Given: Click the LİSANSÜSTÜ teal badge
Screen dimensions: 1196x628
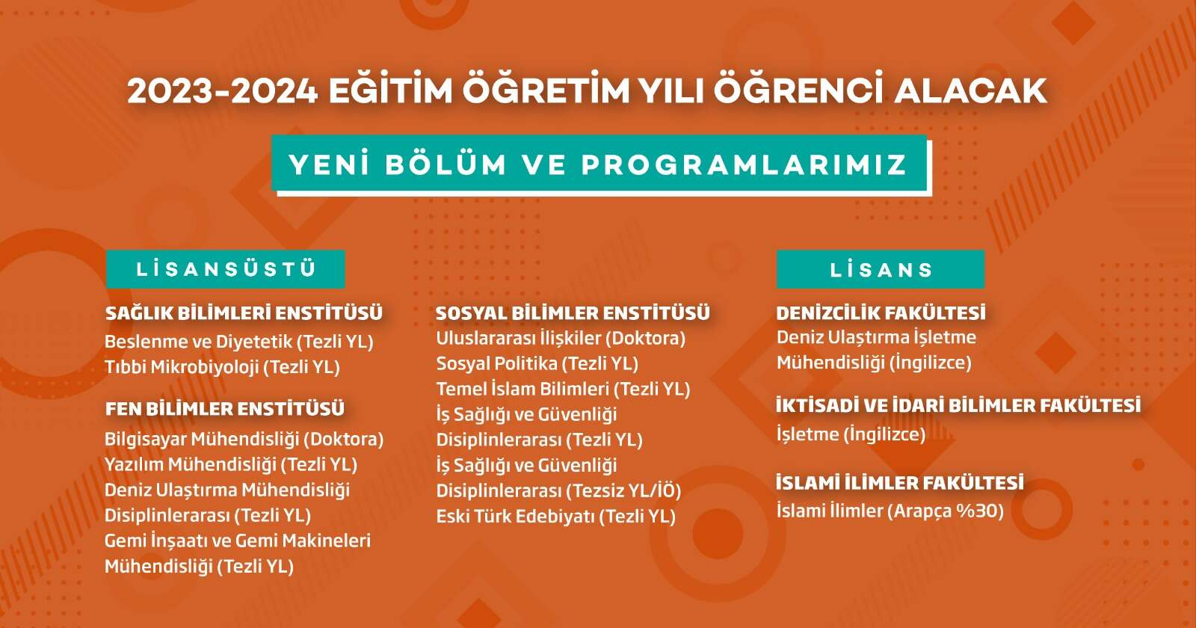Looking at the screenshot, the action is point(225,269).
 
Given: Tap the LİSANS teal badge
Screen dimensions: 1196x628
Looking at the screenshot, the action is point(881,269).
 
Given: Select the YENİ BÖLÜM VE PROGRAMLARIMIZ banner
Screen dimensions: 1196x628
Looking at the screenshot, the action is point(599,164).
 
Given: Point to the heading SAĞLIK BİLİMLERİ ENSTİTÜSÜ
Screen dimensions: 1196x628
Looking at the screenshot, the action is point(244,313).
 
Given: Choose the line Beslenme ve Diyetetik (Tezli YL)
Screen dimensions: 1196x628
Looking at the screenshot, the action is point(238,342).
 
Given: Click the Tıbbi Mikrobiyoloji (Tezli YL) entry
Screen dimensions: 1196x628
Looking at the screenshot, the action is point(222,367).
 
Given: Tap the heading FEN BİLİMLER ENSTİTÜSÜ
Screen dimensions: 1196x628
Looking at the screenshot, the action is point(225,409).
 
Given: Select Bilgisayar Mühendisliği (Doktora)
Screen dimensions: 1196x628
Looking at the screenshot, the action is point(244,439).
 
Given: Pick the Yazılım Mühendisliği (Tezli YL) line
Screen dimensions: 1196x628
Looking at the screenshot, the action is point(231,464).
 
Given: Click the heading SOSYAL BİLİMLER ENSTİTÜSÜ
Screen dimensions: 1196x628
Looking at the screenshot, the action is point(573,313).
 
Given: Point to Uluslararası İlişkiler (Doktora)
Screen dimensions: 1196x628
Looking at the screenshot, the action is point(561,338).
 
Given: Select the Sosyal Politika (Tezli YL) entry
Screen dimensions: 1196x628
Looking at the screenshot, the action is point(537,363).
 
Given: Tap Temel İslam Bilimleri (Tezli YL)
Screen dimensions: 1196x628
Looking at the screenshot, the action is point(563,389).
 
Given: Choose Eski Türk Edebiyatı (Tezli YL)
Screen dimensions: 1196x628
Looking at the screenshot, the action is point(556,517).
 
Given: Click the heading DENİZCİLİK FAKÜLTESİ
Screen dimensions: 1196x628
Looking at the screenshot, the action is point(881,313).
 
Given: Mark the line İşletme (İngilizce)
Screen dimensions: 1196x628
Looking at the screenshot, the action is point(851,434).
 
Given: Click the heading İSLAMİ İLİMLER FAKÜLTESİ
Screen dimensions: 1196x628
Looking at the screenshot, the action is point(900,483).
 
